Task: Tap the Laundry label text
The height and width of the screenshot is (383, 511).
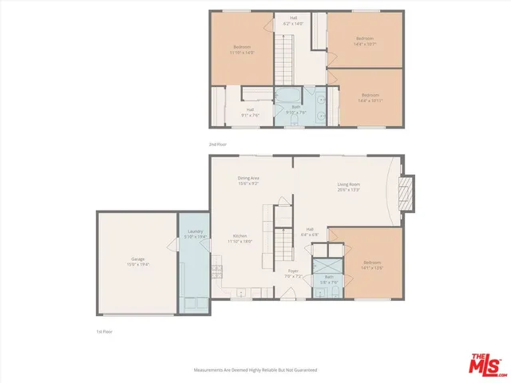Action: click(x=196, y=235)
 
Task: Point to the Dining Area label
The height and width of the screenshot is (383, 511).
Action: click(x=248, y=180)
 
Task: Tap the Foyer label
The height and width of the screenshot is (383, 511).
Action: click(x=293, y=274)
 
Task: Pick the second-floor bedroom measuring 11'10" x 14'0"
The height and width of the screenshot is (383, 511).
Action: click(x=244, y=49)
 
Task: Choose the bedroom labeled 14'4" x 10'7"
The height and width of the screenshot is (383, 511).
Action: click(x=366, y=41)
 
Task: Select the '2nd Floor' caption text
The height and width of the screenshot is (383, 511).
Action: click(x=218, y=144)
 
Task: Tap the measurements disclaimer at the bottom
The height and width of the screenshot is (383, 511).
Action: click(x=255, y=370)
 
